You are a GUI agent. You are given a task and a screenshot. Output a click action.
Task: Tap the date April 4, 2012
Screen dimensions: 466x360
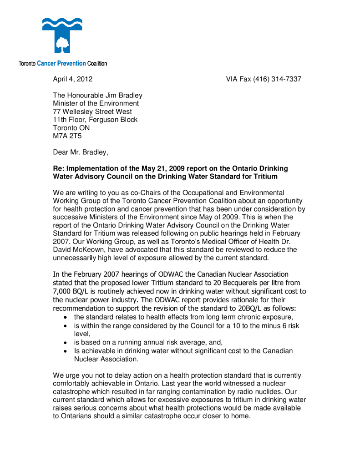click(73, 79)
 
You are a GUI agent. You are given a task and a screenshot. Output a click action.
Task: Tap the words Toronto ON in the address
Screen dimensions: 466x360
click(71, 128)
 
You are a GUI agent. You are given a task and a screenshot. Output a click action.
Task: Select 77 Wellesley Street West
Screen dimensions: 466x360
click(92, 112)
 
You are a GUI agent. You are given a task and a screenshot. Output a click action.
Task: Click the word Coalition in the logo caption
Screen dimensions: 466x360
click(97, 64)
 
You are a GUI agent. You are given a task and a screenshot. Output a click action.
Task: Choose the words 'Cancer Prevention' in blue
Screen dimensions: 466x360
click(61, 64)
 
